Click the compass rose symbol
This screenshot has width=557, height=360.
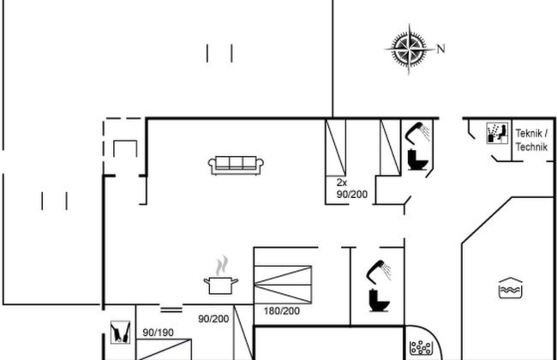[410, 49]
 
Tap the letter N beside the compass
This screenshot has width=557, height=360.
[440, 49]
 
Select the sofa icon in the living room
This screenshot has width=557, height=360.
[236, 165]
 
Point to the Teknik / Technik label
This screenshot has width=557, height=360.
[531, 140]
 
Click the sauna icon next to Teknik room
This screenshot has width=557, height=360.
[497, 133]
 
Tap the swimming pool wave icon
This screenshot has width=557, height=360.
[511, 288]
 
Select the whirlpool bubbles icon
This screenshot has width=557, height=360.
[421, 347]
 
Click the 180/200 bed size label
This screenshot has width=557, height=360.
[282, 311]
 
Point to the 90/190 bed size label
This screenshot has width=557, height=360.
[158, 333]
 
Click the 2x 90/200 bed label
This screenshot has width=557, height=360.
[352, 189]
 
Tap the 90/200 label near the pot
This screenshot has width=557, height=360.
[213, 319]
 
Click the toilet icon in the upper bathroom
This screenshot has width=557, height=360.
[417, 159]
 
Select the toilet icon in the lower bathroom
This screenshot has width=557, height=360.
[379, 301]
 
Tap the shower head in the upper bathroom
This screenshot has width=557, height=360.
[417, 132]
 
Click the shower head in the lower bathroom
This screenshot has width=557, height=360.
[378, 272]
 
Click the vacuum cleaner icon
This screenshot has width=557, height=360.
[120, 333]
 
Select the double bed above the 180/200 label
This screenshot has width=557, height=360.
[283, 285]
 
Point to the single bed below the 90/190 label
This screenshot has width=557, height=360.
[164, 350]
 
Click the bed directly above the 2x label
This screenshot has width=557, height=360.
[336, 147]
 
